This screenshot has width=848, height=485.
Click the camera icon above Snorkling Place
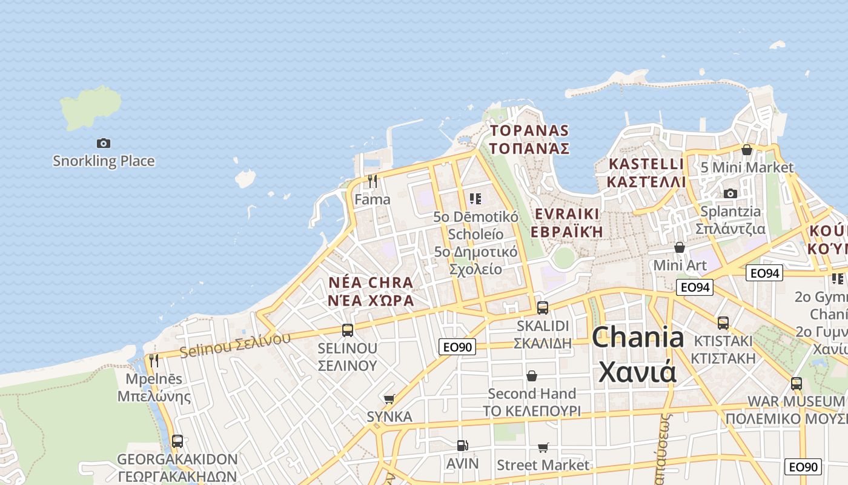(104, 144)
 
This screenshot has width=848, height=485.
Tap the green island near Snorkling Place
(90, 108)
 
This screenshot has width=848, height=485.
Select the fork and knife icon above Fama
(373, 181)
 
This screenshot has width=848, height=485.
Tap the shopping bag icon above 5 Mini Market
(747, 149)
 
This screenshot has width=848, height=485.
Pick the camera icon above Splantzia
(730, 193)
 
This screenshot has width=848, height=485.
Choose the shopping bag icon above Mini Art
(680, 247)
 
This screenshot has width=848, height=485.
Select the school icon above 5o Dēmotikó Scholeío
(475, 198)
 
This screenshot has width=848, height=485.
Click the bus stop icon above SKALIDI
(543, 307)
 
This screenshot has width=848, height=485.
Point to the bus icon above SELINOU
(348, 330)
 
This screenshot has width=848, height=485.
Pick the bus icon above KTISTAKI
(723, 323)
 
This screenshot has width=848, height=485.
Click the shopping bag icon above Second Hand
(532, 376)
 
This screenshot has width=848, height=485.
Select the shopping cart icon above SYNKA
(389, 399)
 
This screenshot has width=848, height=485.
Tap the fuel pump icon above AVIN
(462, 446)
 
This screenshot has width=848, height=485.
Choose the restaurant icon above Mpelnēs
(154, 361)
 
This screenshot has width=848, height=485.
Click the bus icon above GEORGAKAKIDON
(177, 441)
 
